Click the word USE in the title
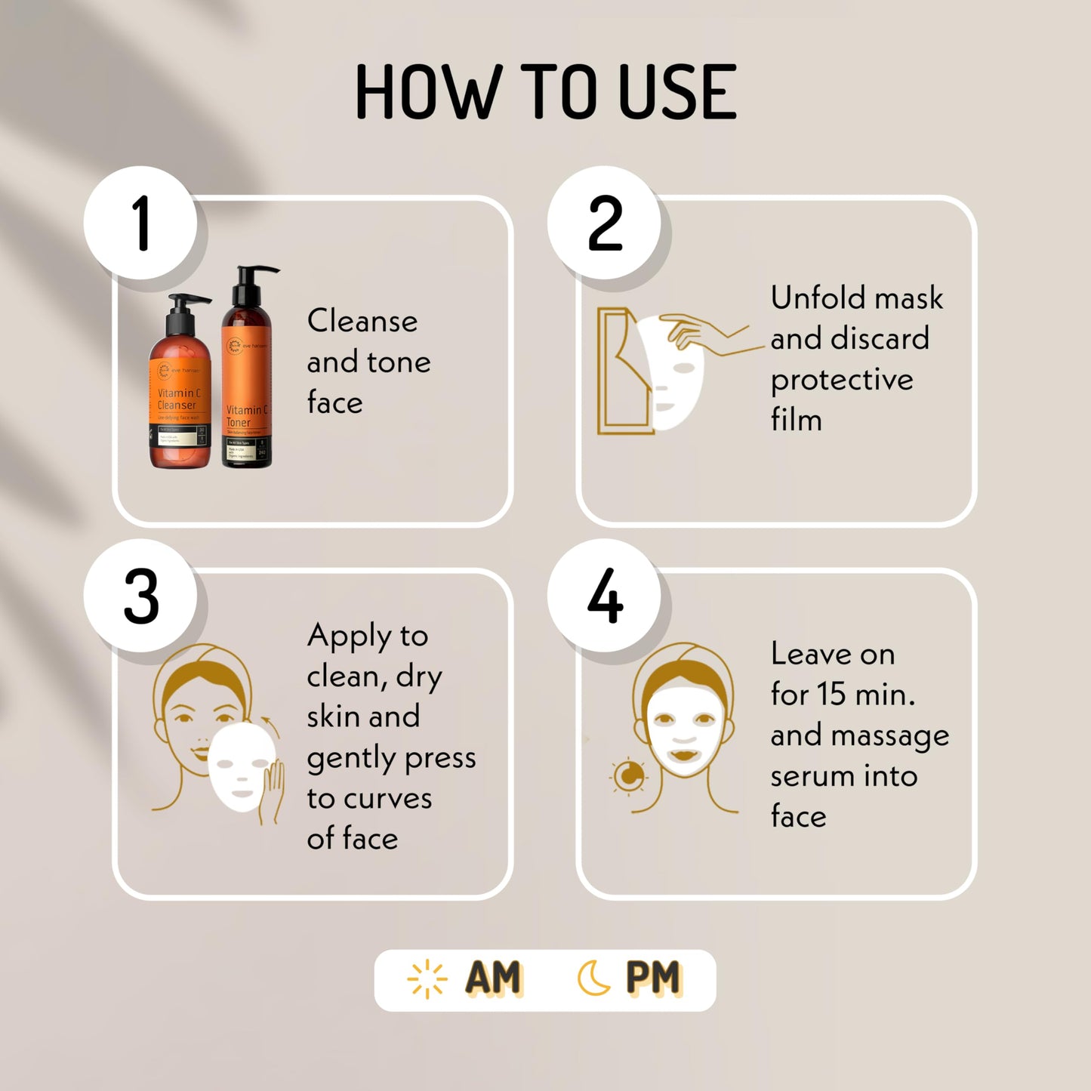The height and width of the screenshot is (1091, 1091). pyautogui.click(x=676, y=92)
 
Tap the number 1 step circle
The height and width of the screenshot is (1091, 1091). pyautogui.click(x=140, y=223)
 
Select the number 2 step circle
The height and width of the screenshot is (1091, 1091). pyautogui.click(x=604, y=223)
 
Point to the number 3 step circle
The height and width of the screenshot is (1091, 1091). pyautogui.click(x=140, y=596)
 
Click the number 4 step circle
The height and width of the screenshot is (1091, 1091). pyautogui.click(x=604, y=596)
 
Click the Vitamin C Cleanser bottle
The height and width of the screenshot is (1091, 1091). pyautogui.click(x=180, y=393)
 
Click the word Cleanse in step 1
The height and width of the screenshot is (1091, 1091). pyautogui.click(x=362, y=321)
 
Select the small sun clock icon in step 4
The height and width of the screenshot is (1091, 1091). pyautogui.click(x=628, y=775)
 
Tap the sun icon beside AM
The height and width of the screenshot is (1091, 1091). pyautogui.click(x=427, y=979)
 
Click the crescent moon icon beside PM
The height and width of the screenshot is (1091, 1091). pyautogui.click(x=593, y=979)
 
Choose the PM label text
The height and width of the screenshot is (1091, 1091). pyautogui.click(x=654, y=979)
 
